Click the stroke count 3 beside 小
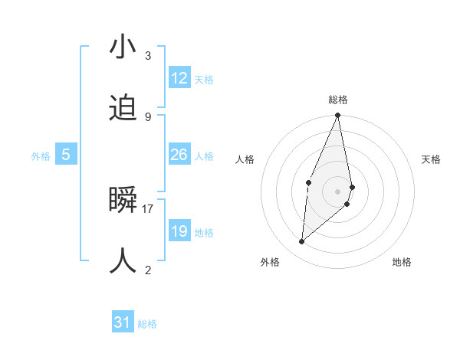click(x=148, y=56)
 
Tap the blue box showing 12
click(x=179, y=78)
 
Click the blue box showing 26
click(x=179, y=155)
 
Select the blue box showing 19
click(x=179, y=231)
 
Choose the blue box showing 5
click(x=66, y=155)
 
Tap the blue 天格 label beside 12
click(x=204, y=80)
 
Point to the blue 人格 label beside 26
click(x=204, y=156)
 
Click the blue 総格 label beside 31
click(x=147, y=325)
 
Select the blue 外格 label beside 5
click(x=41, y=156)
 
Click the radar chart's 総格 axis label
click(x=338, y=100)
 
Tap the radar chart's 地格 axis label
click(x=402, y=262)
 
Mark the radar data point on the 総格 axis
click(x=338, y=116)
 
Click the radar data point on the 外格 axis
click(x=302, y=242)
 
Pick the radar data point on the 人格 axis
click(x=308, y=182)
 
